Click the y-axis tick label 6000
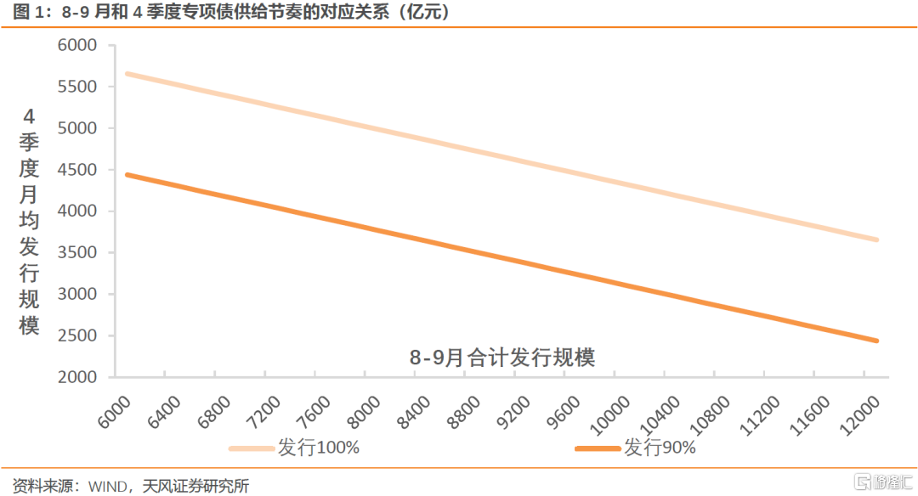77,45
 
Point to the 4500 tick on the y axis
77,170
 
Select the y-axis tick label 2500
77,335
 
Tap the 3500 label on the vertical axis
77,253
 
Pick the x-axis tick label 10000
609,416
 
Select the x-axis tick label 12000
859,416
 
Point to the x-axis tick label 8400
414,413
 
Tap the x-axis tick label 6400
164,413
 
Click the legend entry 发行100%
319,448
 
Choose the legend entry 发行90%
660,448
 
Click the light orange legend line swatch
252,448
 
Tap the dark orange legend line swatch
598,448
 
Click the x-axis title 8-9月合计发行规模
502,357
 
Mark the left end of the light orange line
127,74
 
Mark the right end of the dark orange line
876,341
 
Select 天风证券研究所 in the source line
196,486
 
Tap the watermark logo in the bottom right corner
883,482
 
